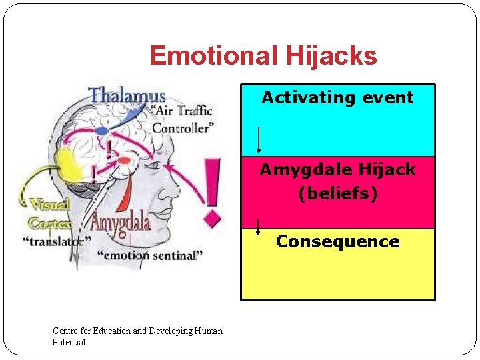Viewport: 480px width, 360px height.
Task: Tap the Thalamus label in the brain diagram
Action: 128,95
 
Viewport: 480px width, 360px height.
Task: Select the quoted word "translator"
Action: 57,241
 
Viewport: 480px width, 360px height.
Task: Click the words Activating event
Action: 337,97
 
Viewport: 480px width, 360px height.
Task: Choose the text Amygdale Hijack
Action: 337,170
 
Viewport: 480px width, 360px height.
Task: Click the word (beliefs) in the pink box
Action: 337,193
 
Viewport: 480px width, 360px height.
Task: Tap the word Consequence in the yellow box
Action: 338,241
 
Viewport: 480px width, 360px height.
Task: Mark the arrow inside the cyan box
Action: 259,139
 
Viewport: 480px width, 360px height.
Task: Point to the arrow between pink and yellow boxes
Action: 259,227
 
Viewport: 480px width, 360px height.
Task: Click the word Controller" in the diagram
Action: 184,128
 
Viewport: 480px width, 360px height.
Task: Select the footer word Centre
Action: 65,331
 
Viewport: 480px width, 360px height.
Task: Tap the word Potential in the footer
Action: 69,342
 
